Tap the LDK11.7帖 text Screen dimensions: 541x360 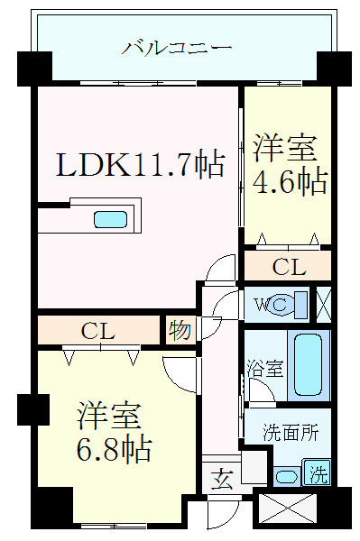(x=141, y=164)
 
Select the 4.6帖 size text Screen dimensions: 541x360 (x=290, y=181)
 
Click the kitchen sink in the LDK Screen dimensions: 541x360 (x=111, y=219)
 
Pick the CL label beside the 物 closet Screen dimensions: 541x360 (x=97, y=331)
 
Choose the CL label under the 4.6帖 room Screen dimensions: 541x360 (x=289, y=267)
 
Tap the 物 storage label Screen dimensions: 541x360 (x=180, y=331)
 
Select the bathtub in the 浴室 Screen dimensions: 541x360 (x=308, y=364)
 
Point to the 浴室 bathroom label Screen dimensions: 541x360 (x=265, y=369)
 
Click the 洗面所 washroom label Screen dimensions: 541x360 (x=291, y=432)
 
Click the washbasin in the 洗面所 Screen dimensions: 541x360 (x=288, y=476)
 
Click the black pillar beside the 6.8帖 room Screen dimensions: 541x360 (x=32, y=409)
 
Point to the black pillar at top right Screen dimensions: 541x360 (x=333, y=67)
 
